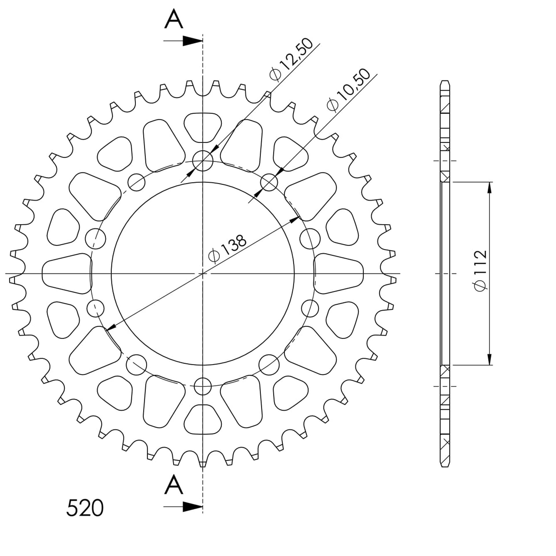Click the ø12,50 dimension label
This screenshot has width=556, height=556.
(291, 59)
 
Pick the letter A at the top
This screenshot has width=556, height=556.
(174, 19)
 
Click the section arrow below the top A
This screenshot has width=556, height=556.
(183, 41)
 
